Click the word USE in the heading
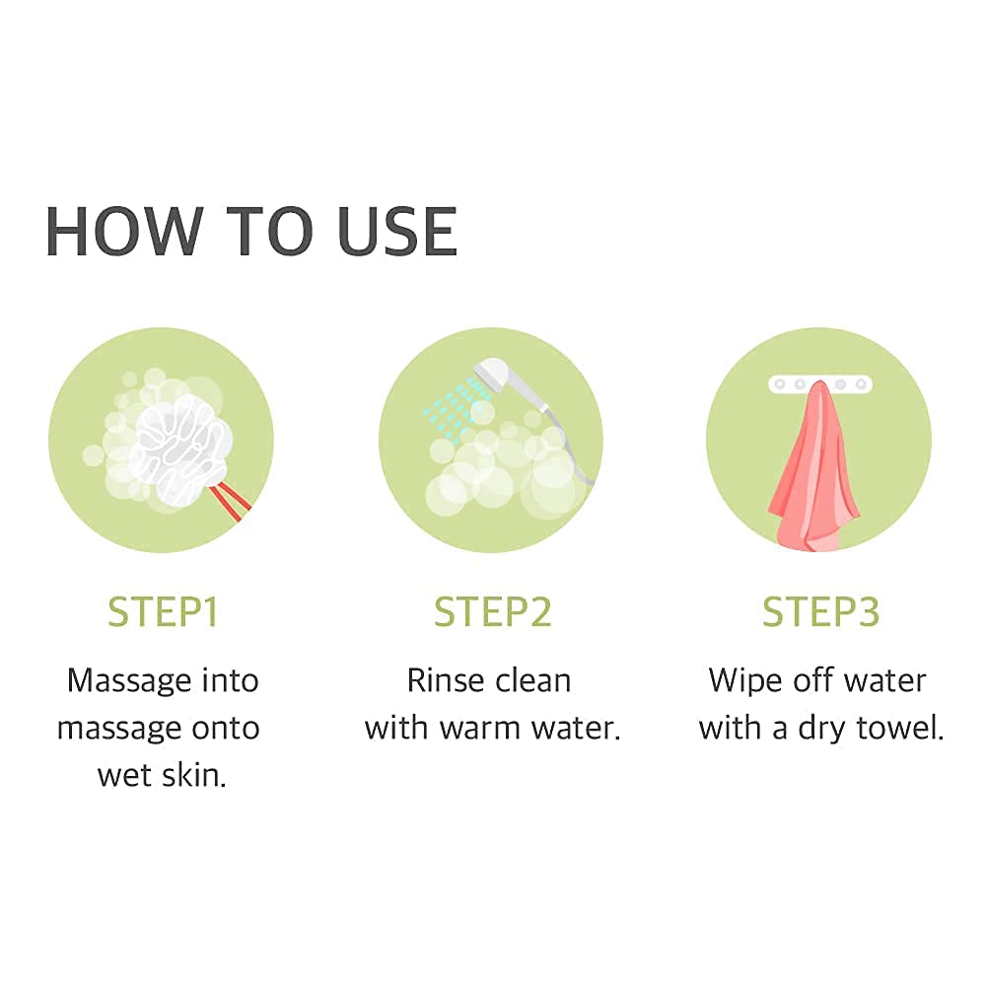click(397, 232)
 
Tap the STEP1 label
click(163, 612)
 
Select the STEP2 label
click(492, 612)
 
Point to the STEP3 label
click(820, 612)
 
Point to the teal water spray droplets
click(453, 405)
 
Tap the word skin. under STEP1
click(193, 775)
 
